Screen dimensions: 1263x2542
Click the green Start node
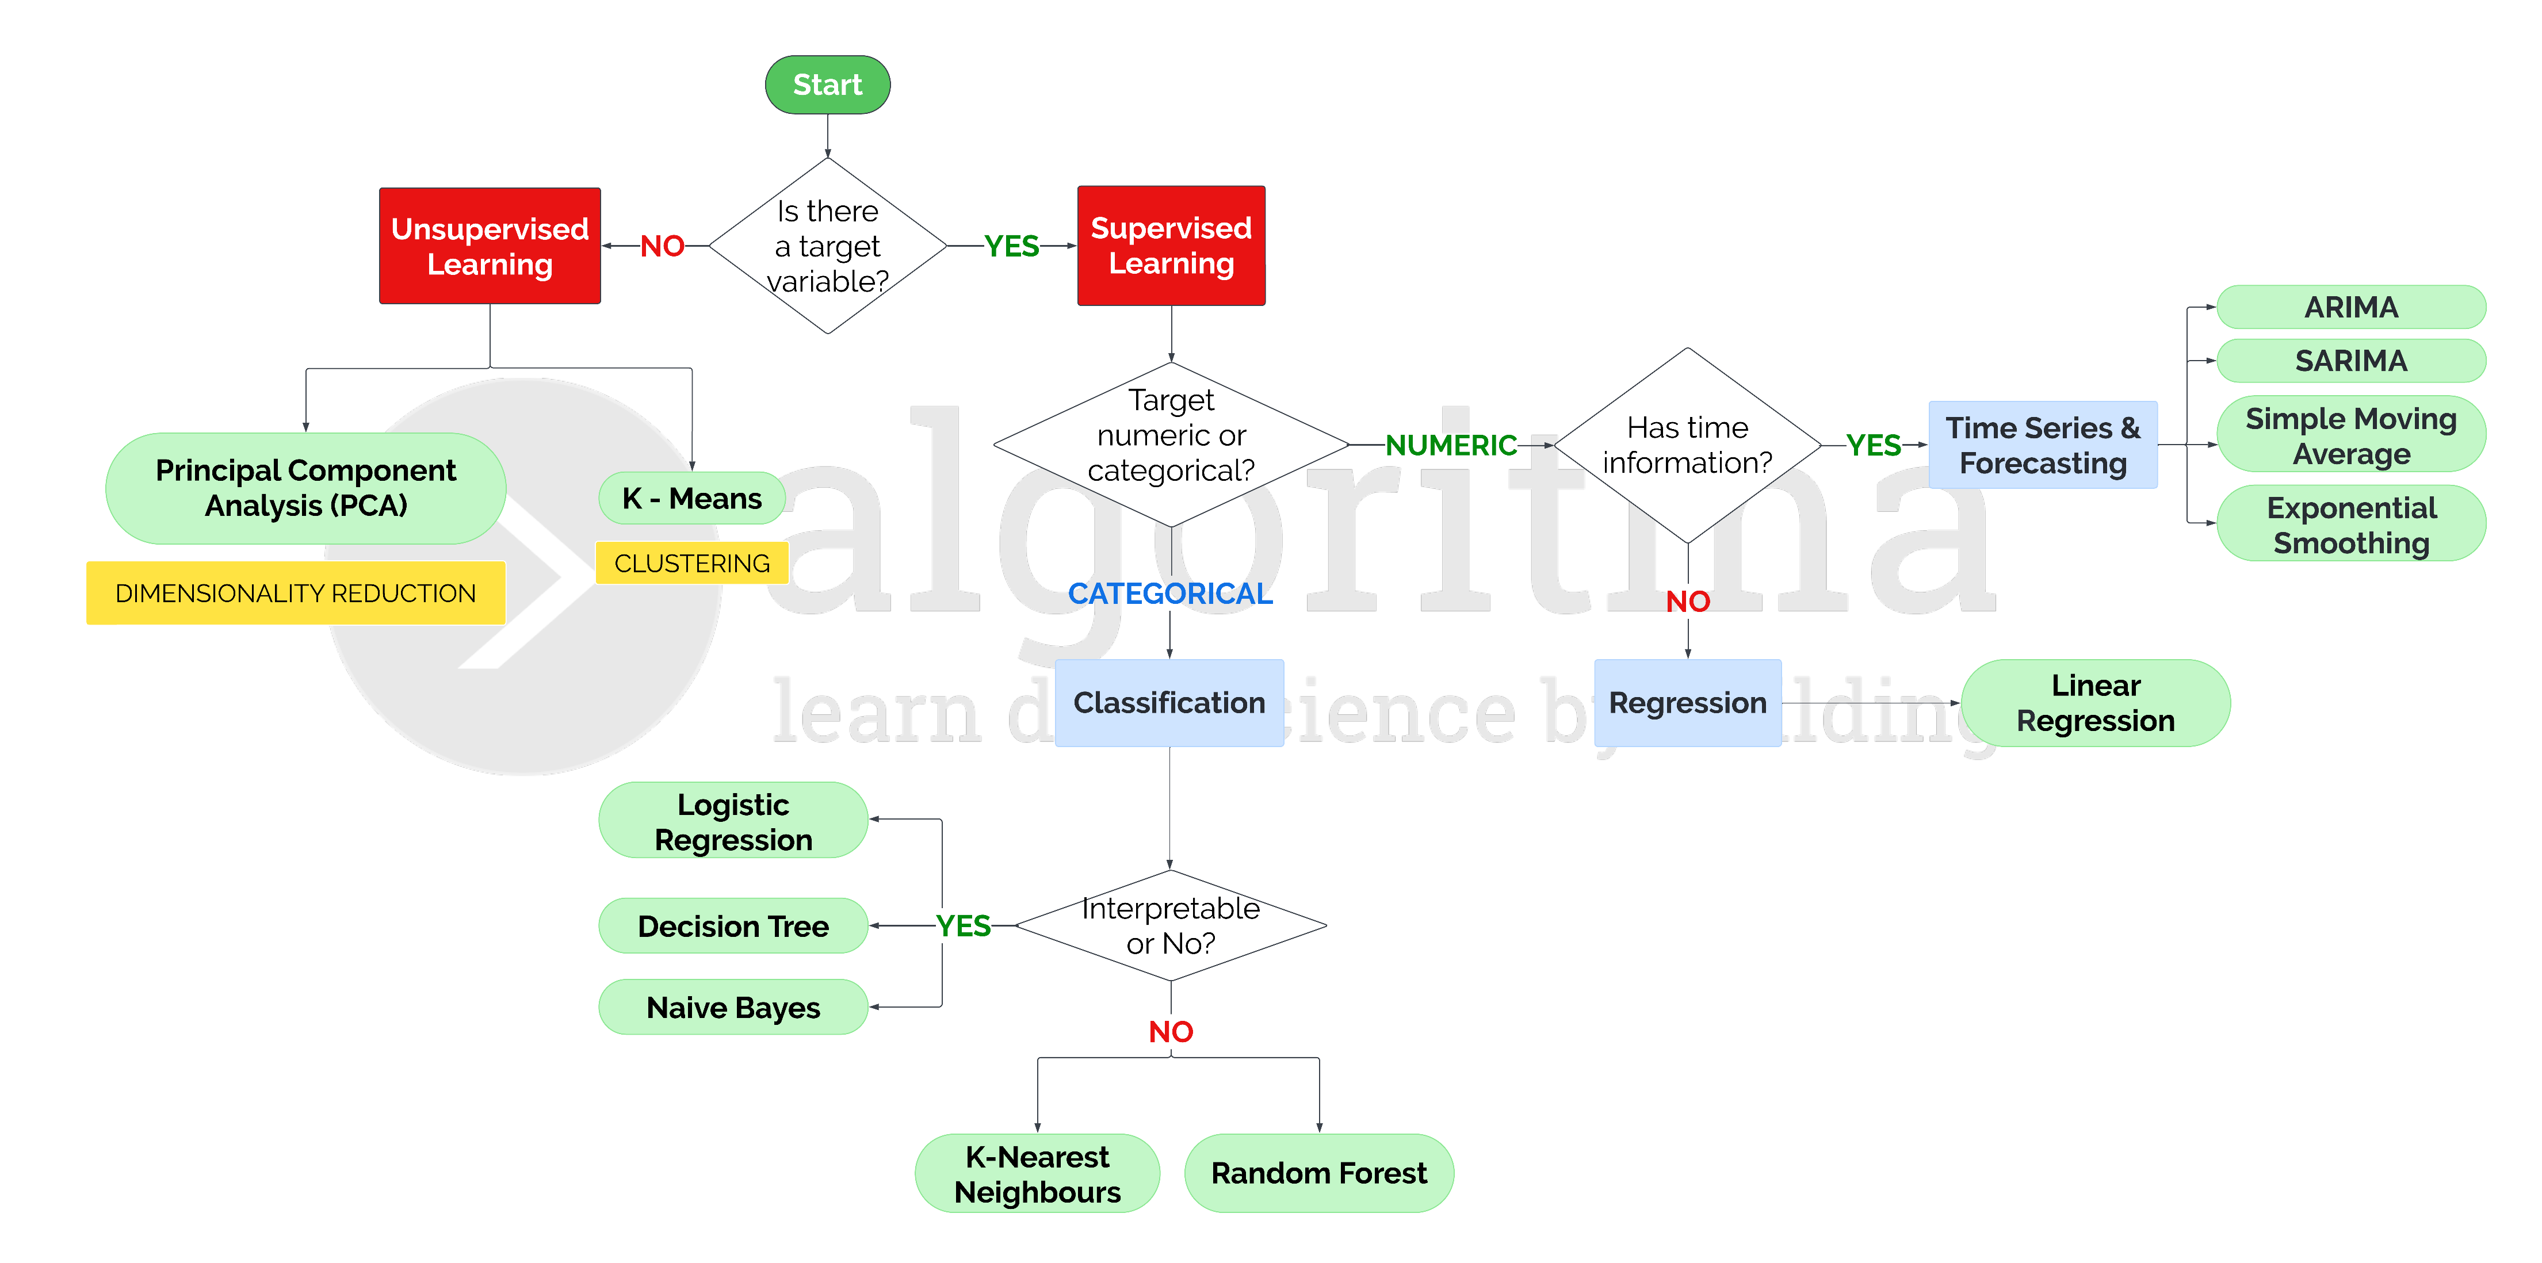(827, 85)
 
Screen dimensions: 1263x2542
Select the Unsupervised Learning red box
(490, 246)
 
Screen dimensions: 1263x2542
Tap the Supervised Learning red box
(1171, 246)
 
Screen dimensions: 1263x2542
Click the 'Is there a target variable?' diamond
(827, 246)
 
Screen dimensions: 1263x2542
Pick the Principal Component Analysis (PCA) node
(306, 488)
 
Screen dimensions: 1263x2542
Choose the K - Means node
(692, 498)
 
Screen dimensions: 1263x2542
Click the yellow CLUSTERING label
(692, 564)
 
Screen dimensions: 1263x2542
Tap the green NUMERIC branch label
(1451, 445)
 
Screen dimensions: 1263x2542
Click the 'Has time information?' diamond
(1687, 445)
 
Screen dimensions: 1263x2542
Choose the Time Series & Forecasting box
(2043, 445)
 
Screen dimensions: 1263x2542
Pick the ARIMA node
(2350, 307)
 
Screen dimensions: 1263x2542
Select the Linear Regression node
(2095, 703)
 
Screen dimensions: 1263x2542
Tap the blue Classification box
(1169, 703)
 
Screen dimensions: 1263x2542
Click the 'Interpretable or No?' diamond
(1171, 925)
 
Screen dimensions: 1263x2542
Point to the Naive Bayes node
(733, 1008)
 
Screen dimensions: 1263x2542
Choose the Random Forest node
(1318, 1173)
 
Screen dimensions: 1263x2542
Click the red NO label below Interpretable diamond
(1171, 1031)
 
